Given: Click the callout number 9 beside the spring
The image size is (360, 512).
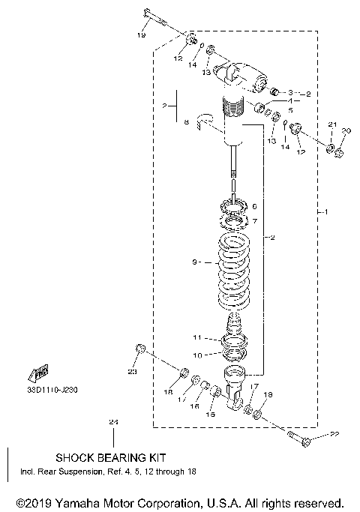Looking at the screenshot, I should tap(194, 262).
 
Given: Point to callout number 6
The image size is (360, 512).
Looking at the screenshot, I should tap(255, 205).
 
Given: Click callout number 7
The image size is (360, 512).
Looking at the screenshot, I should tap(255, 221).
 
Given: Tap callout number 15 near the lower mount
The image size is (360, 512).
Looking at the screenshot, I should tap(210, 415).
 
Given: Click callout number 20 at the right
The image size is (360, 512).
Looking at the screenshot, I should tap(346, 131).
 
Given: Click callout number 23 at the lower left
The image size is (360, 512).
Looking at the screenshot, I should tap(132, 371).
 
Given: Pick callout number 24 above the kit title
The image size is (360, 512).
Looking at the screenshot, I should tap(112, 424).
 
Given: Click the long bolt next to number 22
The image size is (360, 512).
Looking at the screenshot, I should tap(296, 437).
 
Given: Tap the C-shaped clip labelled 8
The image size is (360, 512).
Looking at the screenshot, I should tap(204, 119).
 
